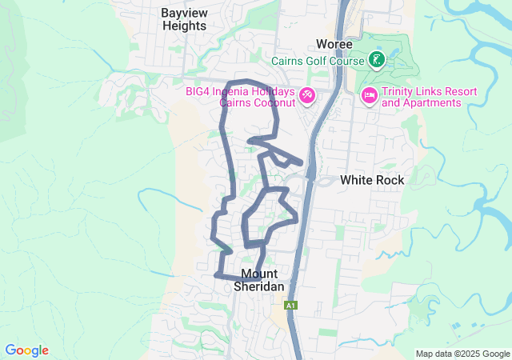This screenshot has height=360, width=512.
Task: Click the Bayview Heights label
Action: click(184, 19)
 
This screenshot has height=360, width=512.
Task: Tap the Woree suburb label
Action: click(334, 44)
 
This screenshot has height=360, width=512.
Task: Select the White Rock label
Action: click(372, 180)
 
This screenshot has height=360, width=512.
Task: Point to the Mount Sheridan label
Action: click(260, 279)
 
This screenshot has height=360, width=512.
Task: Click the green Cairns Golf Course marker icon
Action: click(376, 59)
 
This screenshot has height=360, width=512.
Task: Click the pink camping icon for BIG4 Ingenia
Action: click(306, 97)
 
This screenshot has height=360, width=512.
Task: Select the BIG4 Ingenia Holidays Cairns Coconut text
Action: click(240, 97)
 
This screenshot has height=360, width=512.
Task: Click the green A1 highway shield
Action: click(290, 306)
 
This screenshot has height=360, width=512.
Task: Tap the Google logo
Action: click(26, 350)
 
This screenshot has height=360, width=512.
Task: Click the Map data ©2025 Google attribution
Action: click(462, 354)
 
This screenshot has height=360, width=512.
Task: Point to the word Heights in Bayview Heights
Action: click(184, 26)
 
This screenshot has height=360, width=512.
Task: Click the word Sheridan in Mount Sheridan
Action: click(260, 286)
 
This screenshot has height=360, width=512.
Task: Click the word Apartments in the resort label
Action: click(433, 102)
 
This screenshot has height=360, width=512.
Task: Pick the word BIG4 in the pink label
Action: click(199, 91)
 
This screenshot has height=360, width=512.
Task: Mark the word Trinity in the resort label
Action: click(398, 91)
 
